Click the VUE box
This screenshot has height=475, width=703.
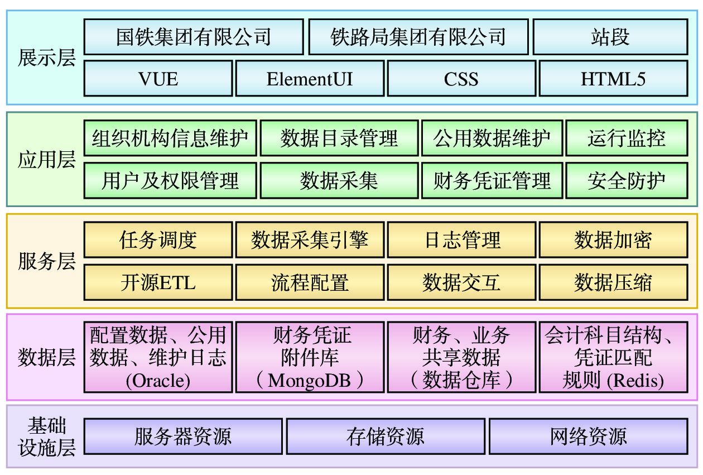pos(158,79)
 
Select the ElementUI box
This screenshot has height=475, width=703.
pos(310,79)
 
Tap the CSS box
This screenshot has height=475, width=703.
pos(461,79)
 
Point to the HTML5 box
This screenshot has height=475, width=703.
pos(613,79)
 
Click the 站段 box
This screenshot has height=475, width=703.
pos(610,37)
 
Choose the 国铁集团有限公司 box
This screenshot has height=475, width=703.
pos(194,37)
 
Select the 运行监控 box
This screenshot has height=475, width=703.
pos(627,138)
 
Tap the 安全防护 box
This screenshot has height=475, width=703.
pos(627,180)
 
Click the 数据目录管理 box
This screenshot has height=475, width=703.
pos(339,138)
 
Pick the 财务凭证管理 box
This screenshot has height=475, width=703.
pos(492,180)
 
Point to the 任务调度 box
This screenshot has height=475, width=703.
pos(158,240)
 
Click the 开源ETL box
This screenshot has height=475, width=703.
pos(158,282)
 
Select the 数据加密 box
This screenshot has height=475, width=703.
pos(613,240)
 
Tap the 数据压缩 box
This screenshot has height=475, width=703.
pos(613,282)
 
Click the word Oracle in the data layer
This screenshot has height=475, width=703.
pos(158,381)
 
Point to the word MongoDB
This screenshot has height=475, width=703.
pos(309,381)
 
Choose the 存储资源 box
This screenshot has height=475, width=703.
pos(386,436)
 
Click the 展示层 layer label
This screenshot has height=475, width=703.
pos(46,57)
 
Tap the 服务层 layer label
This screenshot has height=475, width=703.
pos(46,261)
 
